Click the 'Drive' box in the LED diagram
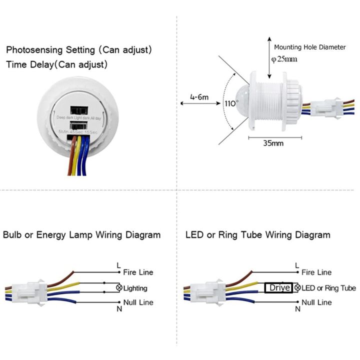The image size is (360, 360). [279, 288]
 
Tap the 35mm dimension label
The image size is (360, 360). [273, 143]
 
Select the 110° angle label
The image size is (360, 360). [230, 104]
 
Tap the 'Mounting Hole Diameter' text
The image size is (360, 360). [309, 47]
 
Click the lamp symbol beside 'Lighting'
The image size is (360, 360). [119, 288]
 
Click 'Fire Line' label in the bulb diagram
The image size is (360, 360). [138, 272]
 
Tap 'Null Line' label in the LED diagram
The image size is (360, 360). [316, 302]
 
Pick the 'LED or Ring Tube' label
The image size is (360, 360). [328, 288]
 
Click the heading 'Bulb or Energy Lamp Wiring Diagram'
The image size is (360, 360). [82, 235]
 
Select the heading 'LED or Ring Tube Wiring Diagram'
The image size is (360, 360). [257, 235]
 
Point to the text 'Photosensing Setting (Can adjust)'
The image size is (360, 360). [79, 50]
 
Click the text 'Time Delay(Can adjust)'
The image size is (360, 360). [57, 65]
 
